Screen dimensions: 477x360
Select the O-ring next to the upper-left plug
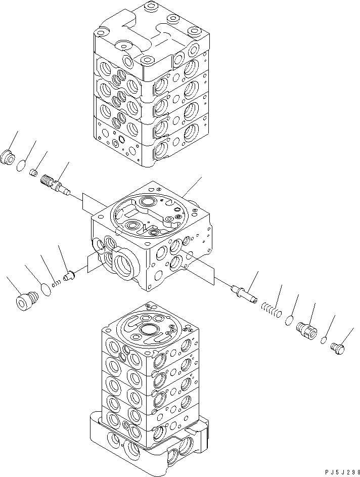(21, 166)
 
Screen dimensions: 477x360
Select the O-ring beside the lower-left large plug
(46, 289)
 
